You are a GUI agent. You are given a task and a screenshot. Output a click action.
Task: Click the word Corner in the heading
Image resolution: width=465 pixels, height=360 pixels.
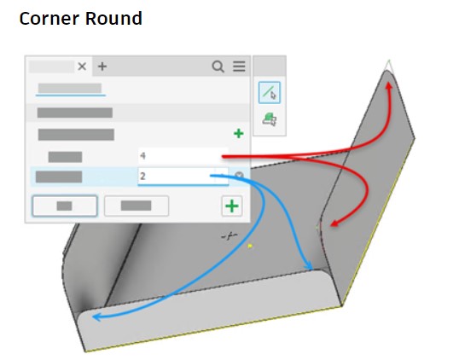(x=49, y=19)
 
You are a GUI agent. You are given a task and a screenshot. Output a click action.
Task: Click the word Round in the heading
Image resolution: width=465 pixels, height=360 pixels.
(x=113, y=19)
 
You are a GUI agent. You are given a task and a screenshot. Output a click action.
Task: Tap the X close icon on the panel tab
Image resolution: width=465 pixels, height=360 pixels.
(x=82, y=67)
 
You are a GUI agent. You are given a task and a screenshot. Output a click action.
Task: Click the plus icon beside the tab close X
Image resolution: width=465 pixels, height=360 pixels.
(x=102, y=67)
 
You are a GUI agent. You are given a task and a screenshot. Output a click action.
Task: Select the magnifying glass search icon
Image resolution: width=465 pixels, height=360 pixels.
(x=218, y=67)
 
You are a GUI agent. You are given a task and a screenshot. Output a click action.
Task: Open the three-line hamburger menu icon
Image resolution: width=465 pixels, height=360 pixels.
(x=239, y=67)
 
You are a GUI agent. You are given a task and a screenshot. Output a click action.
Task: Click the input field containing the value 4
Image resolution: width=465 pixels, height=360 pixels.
(x=183, y=155)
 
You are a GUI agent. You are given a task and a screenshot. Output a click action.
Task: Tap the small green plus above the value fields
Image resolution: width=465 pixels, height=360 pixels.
(x=239, y=134)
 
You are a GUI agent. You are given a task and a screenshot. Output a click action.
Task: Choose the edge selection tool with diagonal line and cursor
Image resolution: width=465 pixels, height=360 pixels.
(x=270, y=92)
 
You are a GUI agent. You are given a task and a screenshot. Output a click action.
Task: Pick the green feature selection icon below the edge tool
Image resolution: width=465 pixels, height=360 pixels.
(x=270, y=119)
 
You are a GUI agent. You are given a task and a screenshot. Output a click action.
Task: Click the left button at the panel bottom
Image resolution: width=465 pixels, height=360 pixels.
(x=65, y=206)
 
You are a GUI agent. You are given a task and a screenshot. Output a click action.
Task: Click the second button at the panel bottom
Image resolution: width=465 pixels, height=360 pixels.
(x=137, y=206)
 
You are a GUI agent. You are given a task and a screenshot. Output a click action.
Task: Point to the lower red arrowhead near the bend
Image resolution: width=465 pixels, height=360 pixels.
(x=334, y=224)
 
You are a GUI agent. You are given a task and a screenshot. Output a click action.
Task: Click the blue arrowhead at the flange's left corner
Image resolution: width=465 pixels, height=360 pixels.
(x=97, y=317)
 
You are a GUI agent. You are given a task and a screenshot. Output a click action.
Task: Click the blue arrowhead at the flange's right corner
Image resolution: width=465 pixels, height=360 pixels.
(x=309, y=265)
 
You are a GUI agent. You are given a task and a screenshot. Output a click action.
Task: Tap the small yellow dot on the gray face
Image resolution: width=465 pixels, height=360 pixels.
(x=250, y=246)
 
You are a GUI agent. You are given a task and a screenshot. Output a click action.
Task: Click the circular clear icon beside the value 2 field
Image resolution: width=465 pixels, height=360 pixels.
(x=239, y=176)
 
